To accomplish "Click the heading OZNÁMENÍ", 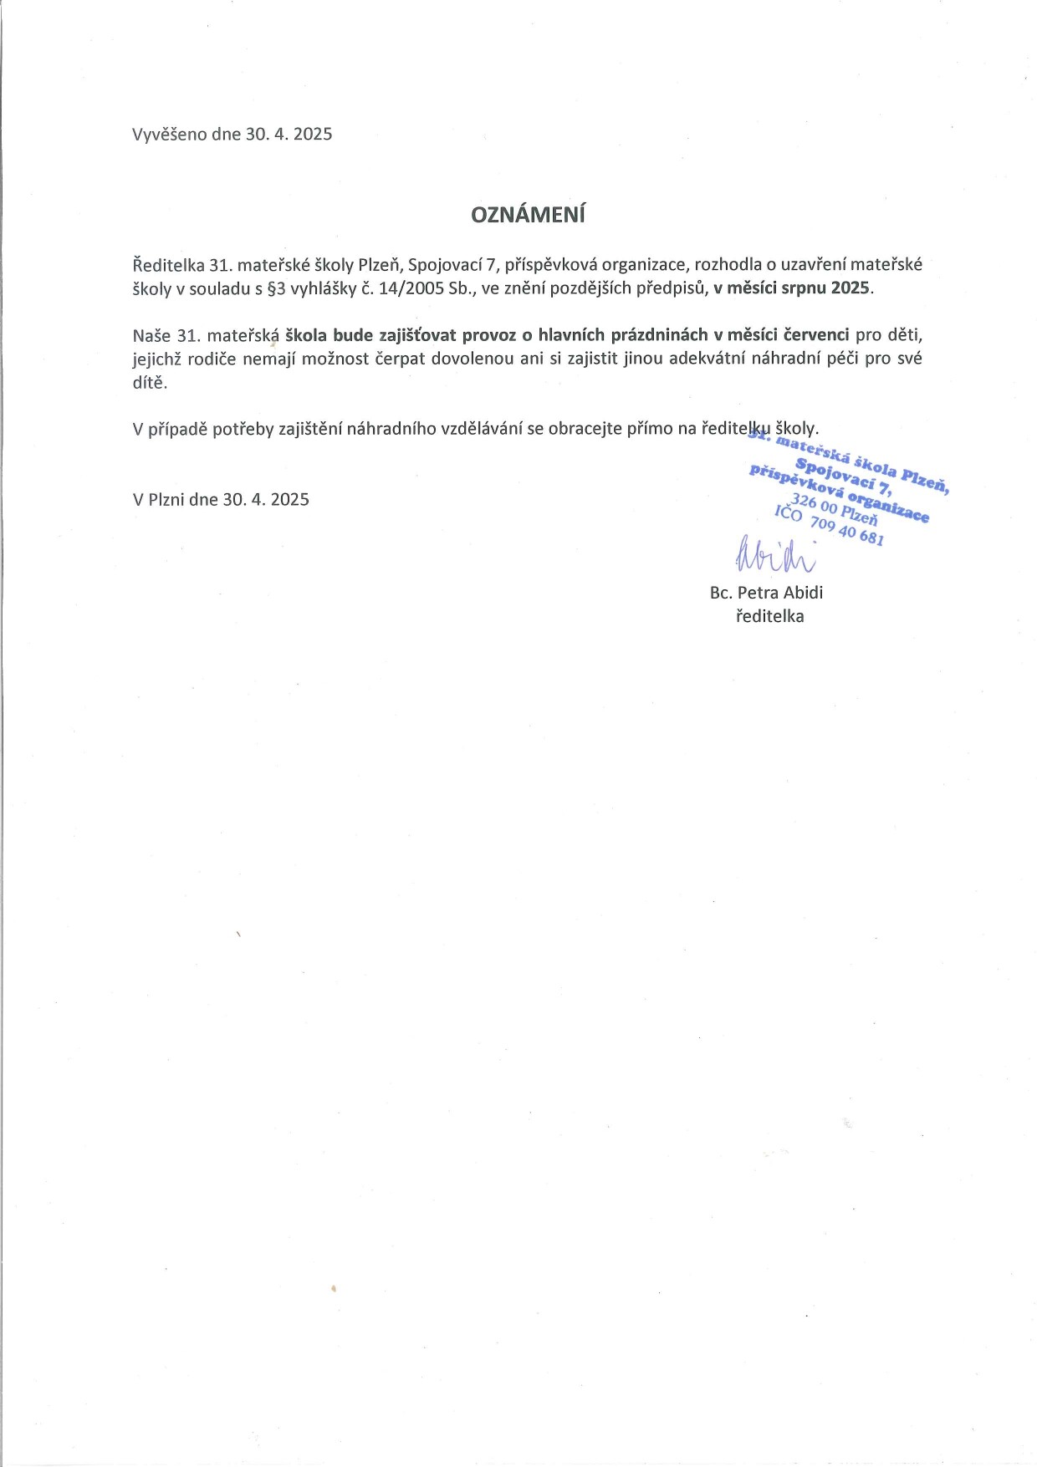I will pyautogui.click(x=528, y=215).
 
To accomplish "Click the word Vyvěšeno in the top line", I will pyautogui.click(x=170, y=135).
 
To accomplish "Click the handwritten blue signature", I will pyautogui.click(x=774, y=554).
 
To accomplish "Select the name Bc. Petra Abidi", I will pyautogui.click(x=766, y=593).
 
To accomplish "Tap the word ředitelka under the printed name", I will pyautogui.click(x=769, y=617).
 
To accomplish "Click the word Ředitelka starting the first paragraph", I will pyautogui.click(x=168, y=265).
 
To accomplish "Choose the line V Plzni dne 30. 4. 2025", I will pyautogui.click(x=221, y=500).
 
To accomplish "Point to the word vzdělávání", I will pyautogui.click(x=482, y=430).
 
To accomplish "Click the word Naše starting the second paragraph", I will pyautogui.click(x=151, y=335).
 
